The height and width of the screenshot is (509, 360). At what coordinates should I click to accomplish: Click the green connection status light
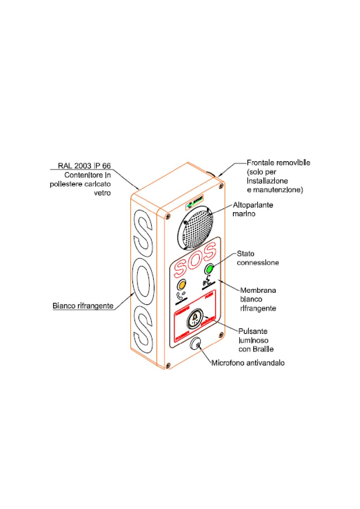[209, 270]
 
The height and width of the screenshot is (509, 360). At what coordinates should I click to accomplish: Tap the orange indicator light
[182, 284]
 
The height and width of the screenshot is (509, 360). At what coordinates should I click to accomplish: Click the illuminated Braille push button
[195, 319]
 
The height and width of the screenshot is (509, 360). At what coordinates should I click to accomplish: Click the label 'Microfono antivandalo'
[248, 363]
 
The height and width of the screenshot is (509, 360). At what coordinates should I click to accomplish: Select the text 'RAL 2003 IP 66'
[84, 166]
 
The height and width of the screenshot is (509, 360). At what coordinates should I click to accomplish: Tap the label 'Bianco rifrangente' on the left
[83, 306]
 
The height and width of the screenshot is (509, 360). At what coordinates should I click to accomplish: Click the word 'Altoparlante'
[253, 205]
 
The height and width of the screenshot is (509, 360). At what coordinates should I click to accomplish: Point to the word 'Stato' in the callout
[245, 254]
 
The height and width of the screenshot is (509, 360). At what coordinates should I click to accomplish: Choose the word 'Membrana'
[258, 290]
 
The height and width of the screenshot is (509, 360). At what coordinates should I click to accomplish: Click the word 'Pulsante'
[252, 331]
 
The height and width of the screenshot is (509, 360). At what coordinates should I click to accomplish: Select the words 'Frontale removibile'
[278, 163]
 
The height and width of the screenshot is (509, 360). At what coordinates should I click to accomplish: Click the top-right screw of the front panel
[221, 186]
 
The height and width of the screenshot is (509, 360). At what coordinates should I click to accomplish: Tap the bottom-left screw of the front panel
[167, 365]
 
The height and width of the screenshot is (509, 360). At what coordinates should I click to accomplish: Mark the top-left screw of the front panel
[167, 216]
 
